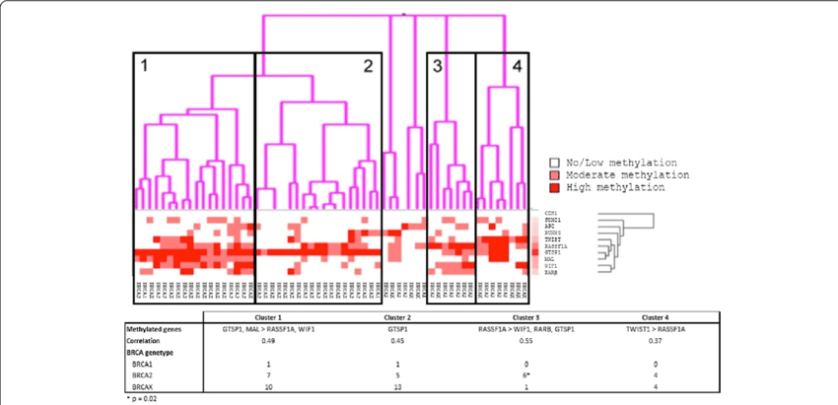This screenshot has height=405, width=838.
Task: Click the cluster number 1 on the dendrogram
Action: click(144, 67)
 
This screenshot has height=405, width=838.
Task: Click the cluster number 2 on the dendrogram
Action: click(368, 67)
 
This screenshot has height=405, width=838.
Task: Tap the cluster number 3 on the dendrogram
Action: click(437, 67)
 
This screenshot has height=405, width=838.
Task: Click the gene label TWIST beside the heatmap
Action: click(552, 238)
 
